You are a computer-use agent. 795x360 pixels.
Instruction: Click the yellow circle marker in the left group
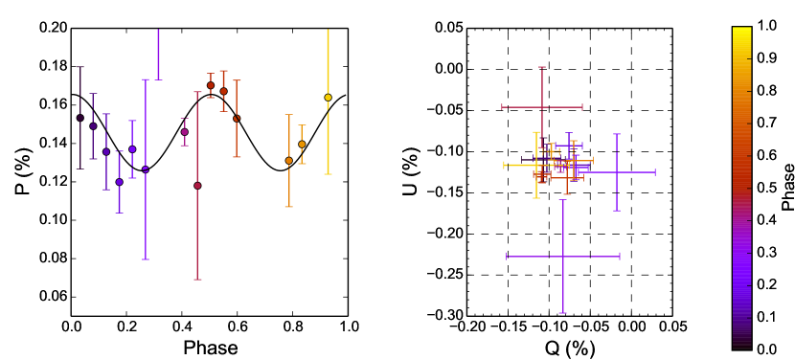tap(328, 97)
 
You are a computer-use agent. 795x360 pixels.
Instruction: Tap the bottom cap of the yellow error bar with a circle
tap(328, 174)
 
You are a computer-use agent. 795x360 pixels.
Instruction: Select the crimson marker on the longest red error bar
tap(197, 186)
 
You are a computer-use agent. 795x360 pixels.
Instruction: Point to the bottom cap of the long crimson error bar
tap(197, 280)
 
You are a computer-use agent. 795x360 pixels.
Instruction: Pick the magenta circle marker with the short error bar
tap(185, 132)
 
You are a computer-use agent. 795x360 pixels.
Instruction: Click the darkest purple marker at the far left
tap(80, 118)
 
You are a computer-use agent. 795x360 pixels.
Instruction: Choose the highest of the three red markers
tap(211, 85)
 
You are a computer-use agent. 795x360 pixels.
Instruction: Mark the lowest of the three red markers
tap(237, 119)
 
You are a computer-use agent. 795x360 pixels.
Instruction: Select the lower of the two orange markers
tap(288, 161)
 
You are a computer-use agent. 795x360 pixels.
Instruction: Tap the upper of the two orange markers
tap(302, 145)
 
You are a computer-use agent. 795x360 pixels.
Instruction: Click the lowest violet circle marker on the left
tap(119, 182)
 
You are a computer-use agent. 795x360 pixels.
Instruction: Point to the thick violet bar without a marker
tap(158, 55)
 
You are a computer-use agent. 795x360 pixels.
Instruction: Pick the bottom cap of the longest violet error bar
tap(146, 259)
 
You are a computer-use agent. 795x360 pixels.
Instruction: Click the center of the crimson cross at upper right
tap(542, 107)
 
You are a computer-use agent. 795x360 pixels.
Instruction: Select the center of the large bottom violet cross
tap(563, 257)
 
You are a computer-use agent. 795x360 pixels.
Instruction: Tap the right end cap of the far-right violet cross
tap(655, 172)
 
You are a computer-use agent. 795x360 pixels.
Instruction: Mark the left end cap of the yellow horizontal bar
tap(505, 165)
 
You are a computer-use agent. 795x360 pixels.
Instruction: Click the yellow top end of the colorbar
tap(741, 30)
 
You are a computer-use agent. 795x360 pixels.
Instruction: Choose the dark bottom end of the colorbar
tap(741, 346)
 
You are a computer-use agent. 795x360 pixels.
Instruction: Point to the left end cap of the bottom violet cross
tap(507, 257)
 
